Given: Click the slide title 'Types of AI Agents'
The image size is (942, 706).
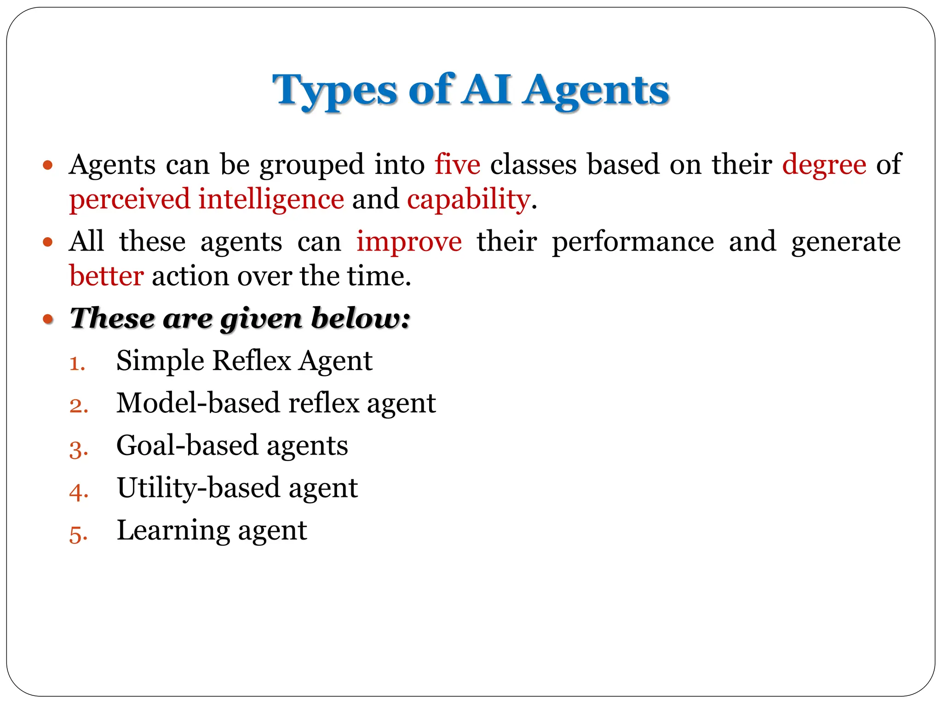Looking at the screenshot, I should pyautogui.click(x=471, y=90).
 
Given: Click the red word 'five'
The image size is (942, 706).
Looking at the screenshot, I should pyautogui.click(x=457, y=165).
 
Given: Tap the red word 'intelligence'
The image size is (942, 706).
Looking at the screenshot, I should pyautogui.click(x=271, y=199).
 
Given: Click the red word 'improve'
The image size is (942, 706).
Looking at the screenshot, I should pyautogui.click(x=409, y=242).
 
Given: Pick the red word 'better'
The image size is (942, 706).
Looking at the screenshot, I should pyautogui.click(x=106, y=276).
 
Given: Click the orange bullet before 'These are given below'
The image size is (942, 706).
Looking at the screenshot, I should pyautogui.click(x=48, y=319).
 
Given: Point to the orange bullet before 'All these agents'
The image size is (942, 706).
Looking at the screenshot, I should pyautogui.click(x=48, y=242).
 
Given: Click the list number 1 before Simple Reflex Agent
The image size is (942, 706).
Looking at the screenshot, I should pyautogui.click(x=77, y=364).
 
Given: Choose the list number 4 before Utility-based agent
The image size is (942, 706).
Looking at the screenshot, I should pyautogui.click(x=78, y=492).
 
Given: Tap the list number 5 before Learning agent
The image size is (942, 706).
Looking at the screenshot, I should pyautogui.click(x=78, y=535).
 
